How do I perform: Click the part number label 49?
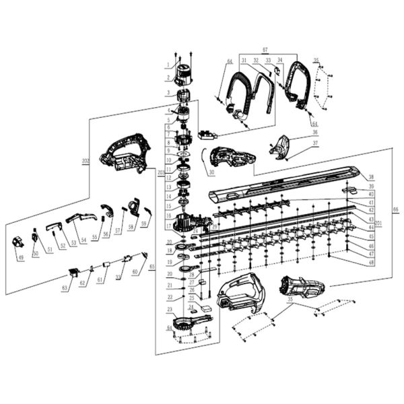click(20, 257)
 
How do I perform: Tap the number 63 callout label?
click(65, 288)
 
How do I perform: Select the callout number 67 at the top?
click(265, 50)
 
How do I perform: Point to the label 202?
click(86, 161)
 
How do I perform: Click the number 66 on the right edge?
click(395, 210)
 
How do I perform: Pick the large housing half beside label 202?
click(125, 154)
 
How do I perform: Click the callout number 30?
click(192, 172)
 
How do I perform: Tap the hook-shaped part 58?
click(133, 206)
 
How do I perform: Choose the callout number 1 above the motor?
click(168, 65)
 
